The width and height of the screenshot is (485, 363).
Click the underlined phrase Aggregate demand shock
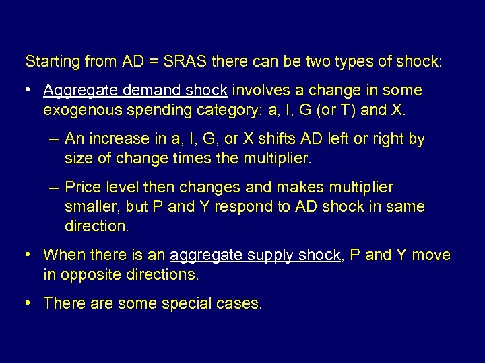[x=137, y=91]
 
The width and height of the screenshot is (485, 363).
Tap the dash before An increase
[x=55, y=139]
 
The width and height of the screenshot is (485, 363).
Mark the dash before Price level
[x=55, y=188]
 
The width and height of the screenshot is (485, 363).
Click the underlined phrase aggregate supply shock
[x=256, y=255]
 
